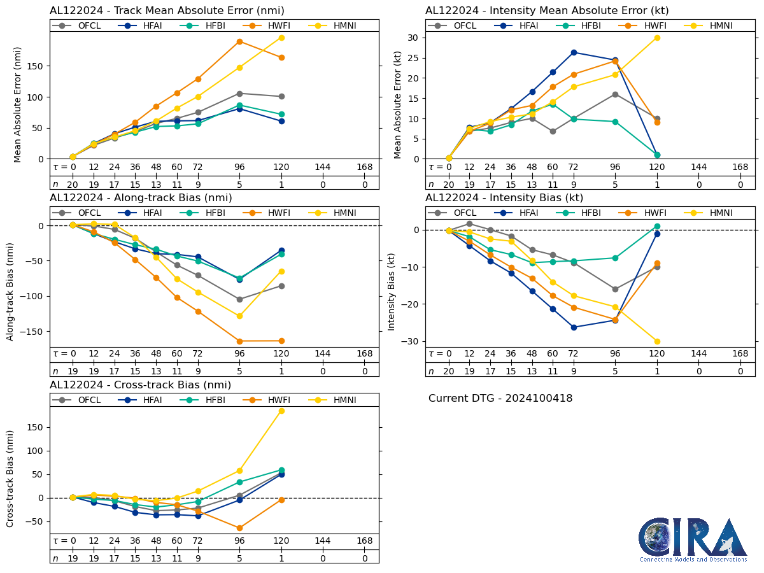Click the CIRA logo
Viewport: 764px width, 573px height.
[x=693, y=540]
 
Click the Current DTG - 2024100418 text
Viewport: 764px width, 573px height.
[x=500, y=399]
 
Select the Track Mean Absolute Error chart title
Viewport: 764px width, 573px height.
[x=167, y=11]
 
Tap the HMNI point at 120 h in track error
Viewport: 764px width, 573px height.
[x=281, y=38]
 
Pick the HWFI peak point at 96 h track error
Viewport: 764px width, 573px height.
[x=239, y=42]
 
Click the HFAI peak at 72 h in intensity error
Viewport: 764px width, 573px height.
[x=574, y=52]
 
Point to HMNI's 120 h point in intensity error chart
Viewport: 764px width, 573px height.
[x=657, y=38]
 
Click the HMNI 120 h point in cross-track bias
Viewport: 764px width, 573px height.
[x=281, y=411]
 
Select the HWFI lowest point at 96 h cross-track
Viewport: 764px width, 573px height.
[x=239, y=528]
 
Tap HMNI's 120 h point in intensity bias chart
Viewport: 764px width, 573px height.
[x=657, y=341]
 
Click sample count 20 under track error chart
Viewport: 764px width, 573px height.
[x=73, y=185]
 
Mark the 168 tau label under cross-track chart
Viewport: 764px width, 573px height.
[x=365, y=541]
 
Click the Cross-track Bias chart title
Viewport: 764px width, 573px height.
[x=140, y=385]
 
